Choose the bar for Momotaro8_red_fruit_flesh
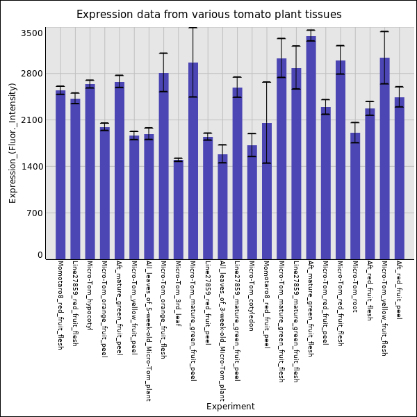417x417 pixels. [x=60, y=174]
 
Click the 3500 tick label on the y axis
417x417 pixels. [x=32, y=33]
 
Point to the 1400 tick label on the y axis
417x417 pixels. [x=32, y=167]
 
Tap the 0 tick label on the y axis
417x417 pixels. [x=40, y=255]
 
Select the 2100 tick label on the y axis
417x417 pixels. [x=32, y=120]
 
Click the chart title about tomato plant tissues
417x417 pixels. [x=208, y=15]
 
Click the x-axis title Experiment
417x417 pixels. [x=230, y=407]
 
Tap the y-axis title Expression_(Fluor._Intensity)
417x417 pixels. [x=13, y=142]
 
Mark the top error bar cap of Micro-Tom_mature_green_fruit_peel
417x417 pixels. [x=193, y=28]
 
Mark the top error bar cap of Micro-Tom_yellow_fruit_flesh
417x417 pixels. [x=384, y=31]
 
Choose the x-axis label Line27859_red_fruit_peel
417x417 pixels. [x=207, y=303]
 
